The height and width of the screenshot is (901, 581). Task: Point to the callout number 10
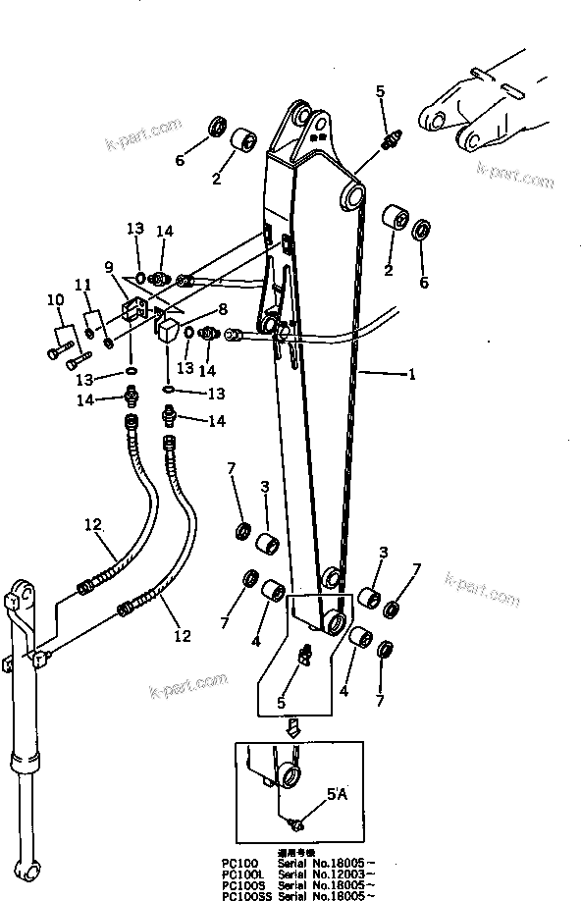click(56, 299)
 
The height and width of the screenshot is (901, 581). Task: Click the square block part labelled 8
click(166, 331)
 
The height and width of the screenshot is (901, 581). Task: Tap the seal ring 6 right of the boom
click(423, 233)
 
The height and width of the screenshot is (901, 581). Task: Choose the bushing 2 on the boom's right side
click(396, 218)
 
